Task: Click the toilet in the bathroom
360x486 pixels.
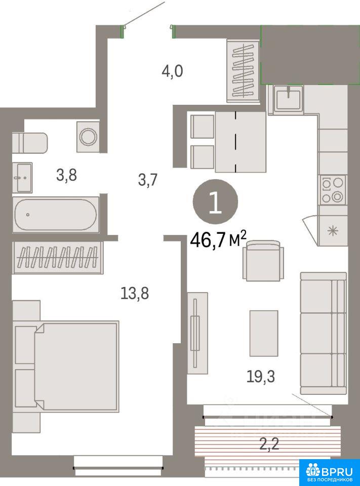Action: point(30,143)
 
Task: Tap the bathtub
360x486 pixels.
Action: point(56,215)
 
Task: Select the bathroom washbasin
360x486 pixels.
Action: point(22,178)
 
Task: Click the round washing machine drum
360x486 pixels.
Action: point(89,136)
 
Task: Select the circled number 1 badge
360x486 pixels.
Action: point(216,202)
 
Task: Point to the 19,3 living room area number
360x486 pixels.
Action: point(261,377)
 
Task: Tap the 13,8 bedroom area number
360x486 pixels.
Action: point(135,293)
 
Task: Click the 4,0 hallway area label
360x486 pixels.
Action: point(172,71)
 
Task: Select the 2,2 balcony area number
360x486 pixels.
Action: point(269,444)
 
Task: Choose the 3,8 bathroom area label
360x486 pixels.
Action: point(66,175)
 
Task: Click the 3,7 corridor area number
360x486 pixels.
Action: point(148,179)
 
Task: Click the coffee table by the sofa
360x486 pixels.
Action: point(264,333)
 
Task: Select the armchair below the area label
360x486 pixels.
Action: point(263,261)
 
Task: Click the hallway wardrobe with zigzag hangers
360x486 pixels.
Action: point(243,71)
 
